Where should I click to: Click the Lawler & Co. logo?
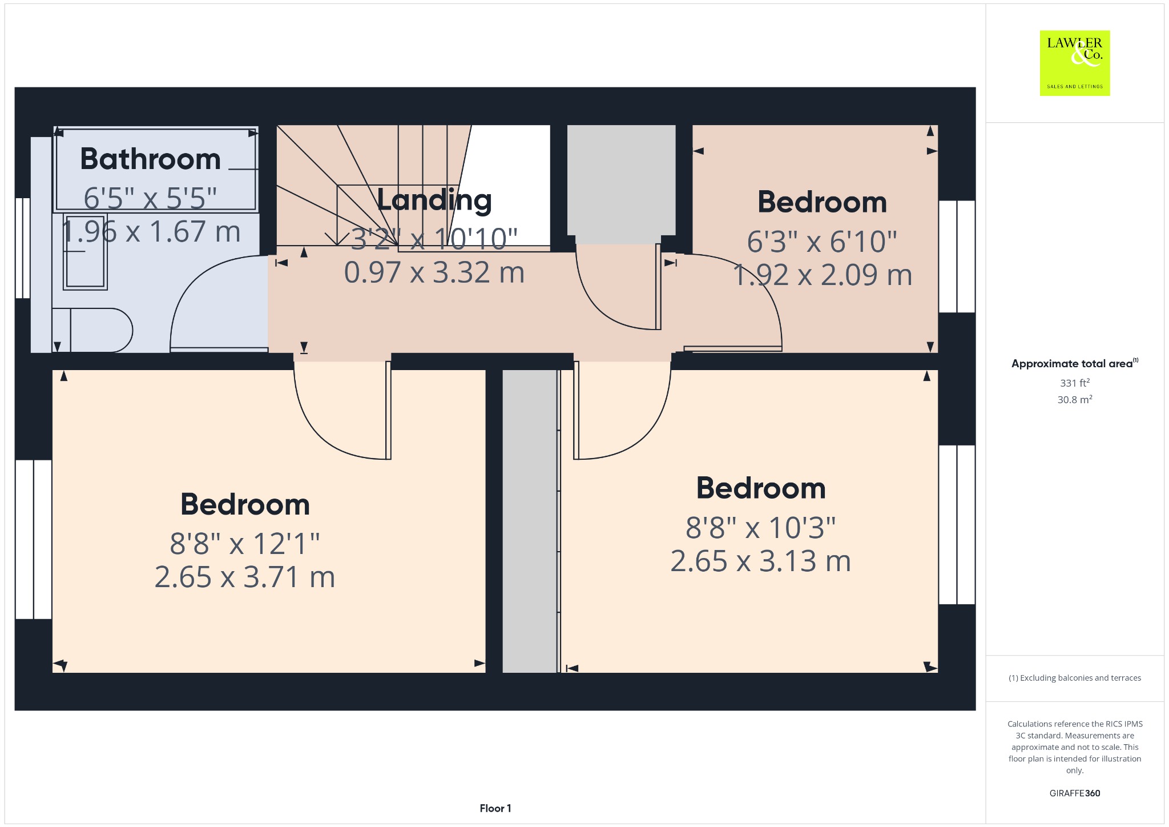[x=1074, y=63]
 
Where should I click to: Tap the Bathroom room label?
[x=150, y=159]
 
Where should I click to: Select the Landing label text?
[x=434, y=200]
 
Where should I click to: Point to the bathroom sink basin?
[x=85, y=251]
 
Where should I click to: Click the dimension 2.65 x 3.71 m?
[x=245, y=577]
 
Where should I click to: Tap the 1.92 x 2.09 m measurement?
[x=823, y=275]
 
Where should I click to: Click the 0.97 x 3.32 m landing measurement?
[x=434, y=272]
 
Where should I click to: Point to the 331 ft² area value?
[x=1075, y=383]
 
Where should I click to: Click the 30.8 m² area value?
[x=1075, y=399]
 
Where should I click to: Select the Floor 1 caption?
[x=495, y=808]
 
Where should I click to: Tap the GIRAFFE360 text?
[x=1075, y=793]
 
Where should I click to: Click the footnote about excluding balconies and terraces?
[x=1075, y=678]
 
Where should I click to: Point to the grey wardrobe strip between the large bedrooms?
[x=529, y=521]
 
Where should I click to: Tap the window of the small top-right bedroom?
[x=957, y=256]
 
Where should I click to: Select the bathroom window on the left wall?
[x=22, y=248]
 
